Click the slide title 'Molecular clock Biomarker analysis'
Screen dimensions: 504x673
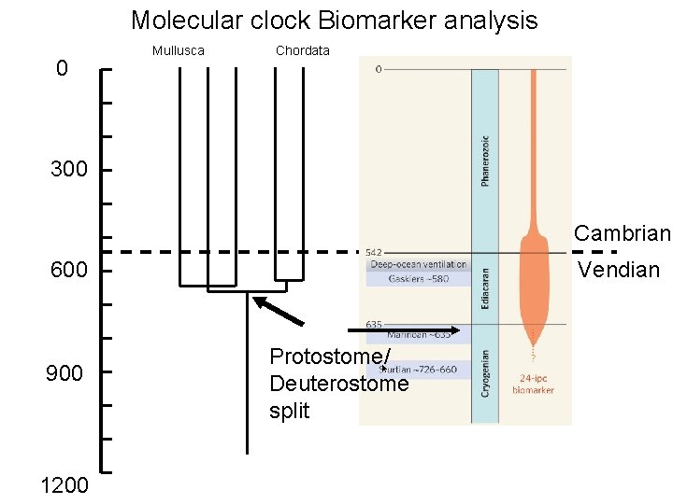pyautogui.click(x=334, y=20)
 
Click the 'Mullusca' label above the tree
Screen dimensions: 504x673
pyautogui.click(x=178, y=50)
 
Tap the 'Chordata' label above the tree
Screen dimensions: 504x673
pyautogui.click(x=302, y=50)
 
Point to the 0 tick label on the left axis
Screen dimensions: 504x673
pyautogui.click(x=62, y=68)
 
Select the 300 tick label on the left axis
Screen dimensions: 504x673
pyautogui.click(x=68, y=170)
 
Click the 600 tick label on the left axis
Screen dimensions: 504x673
pyautogui.click(x=68, y=271)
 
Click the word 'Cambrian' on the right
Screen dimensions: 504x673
pyautogui.click(x=622, y=232)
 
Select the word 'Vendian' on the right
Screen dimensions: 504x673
pyautogui.click(x=619, y=271)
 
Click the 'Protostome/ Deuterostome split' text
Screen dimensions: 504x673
pyautogui.click(x=338, y=384)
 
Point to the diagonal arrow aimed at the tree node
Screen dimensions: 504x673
pyautogui.click(x=279, y=311)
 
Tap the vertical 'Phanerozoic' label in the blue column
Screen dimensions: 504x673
pyautogui.click(x=484, y=161)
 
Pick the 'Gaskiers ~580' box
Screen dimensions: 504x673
pyautogui.click(x=419, y=278)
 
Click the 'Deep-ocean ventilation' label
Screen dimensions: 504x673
pyautogui.click(x=418, y=264)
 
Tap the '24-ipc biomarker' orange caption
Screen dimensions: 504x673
pyautogui.click(x=533, y=385)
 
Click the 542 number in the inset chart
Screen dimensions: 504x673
pyautogui.click(x=372, y=252)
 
